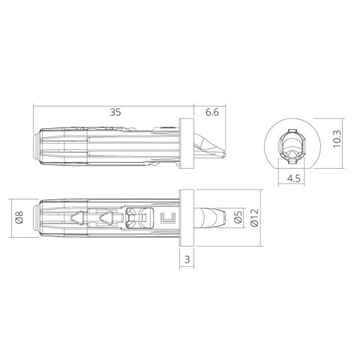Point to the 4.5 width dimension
295,179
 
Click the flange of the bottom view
187,219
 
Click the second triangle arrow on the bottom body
106,220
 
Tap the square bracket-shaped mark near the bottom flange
168,220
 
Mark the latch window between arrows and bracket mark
136,220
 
